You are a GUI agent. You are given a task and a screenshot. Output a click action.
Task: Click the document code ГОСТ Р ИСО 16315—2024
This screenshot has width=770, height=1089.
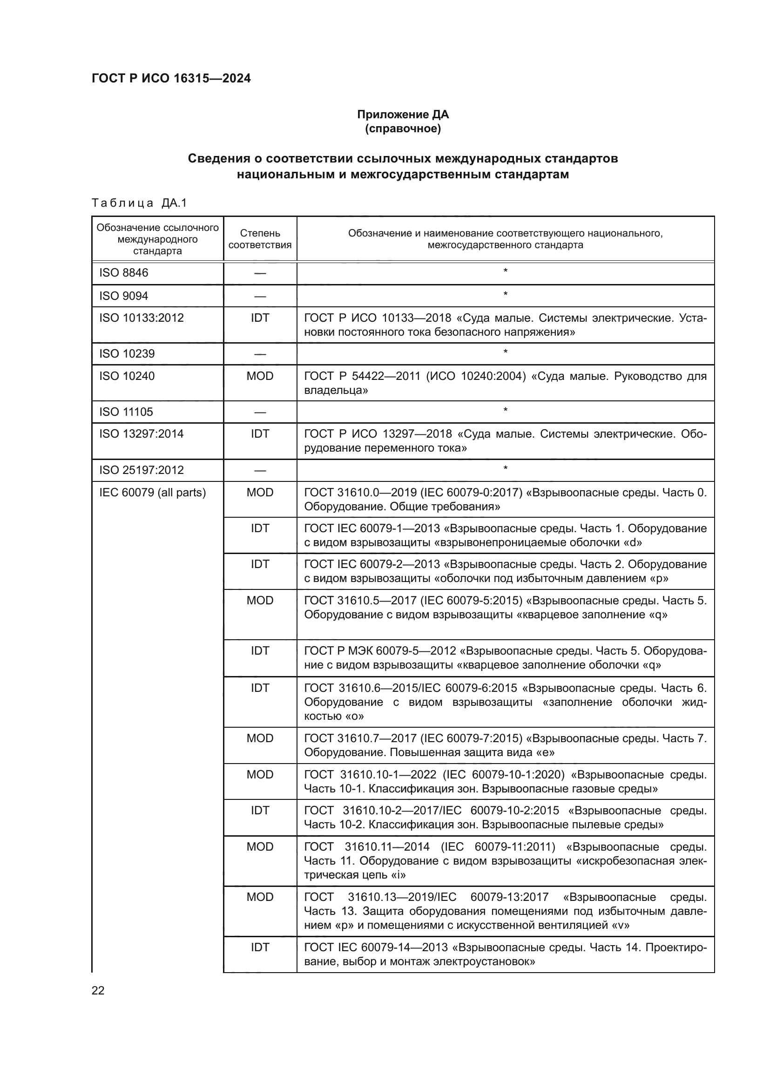171,78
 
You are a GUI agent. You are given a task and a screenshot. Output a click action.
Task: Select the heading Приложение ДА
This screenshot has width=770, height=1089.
403,115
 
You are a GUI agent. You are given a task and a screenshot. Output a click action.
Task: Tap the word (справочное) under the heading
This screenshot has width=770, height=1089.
403,129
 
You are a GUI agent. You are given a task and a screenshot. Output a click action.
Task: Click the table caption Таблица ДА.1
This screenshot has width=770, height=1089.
139,203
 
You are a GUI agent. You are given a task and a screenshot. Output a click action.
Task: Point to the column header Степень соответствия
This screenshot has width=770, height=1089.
260,239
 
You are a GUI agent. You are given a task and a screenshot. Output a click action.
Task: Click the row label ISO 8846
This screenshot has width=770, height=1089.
124,273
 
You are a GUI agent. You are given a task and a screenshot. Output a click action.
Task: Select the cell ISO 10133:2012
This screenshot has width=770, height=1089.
142,318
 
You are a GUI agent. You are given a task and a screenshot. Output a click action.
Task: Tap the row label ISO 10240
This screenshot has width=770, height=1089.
127,376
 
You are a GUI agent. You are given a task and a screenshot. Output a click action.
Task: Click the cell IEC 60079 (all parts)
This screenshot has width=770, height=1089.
152,492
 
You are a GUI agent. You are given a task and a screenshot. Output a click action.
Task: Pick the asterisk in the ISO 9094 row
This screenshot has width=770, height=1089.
506,295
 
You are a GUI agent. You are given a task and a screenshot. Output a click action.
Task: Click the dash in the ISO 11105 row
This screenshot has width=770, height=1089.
260,412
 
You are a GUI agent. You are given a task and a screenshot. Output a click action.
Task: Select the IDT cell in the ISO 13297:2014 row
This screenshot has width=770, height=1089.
260,434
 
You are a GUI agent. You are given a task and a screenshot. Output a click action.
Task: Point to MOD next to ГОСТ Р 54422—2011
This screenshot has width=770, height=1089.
260,376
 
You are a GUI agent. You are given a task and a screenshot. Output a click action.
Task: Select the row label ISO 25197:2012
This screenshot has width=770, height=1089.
142,470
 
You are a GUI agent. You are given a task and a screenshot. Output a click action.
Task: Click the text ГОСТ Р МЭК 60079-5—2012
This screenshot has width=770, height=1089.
380,651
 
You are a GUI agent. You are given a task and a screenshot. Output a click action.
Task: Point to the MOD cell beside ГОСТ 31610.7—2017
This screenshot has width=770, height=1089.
260,738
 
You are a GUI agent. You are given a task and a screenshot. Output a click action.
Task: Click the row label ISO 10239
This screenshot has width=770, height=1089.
127,354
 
